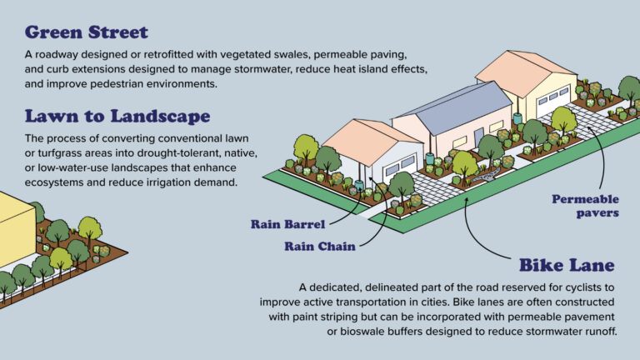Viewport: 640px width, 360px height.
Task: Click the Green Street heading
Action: (x=87, y=32)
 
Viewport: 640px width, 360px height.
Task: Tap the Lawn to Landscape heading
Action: (x=117, y=115)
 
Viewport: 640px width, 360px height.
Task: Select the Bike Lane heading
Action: (x=567, y=265)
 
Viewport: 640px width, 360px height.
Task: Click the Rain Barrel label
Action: (x=287, y=223)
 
